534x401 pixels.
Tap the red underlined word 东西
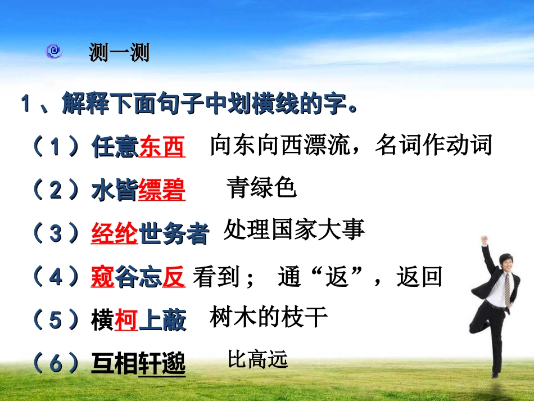pos(162,147)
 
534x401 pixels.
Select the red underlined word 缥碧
pos(162,191)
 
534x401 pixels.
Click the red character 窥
pos(103,277)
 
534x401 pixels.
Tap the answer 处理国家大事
pos(294,230)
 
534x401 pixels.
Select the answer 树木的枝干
pos(269,317)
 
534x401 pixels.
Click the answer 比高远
pos(257,359)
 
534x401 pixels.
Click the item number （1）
pos(55,147)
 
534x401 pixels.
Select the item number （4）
pos(55,277)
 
